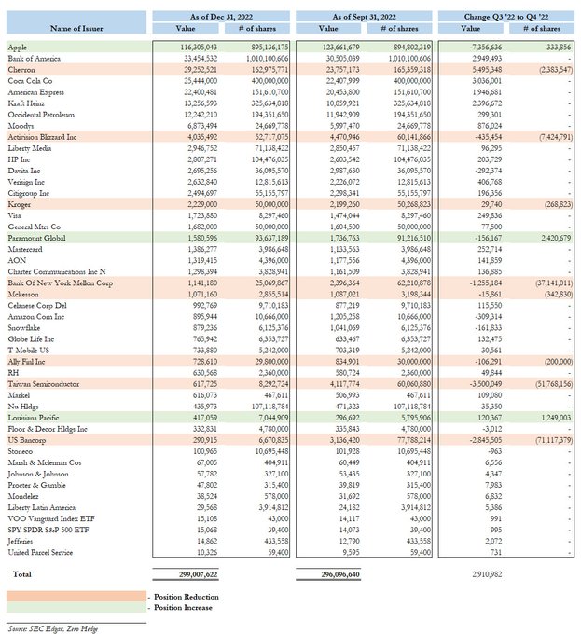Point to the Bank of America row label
(35, 58)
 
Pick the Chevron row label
(22, 69)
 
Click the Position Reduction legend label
(185, 596)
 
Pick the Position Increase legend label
(184, 607)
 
